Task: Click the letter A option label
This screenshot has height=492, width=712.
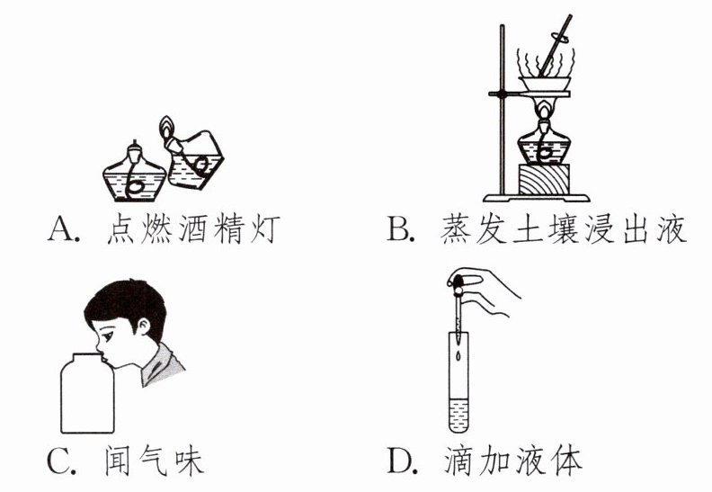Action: pyautogui.click(x=61, y=229)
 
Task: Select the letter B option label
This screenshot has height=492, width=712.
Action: pyautogui.click(x=398, y=229)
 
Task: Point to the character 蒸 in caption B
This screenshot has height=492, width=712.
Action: pyautogui.click(x=455, y=228)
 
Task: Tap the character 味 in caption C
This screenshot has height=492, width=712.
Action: pyautogui.click(x=189, y=461)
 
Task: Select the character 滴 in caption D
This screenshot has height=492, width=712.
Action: pyautogui.click(x=459, y=461)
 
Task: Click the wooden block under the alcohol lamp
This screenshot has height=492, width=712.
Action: pyautogui.click(x=543, y=180)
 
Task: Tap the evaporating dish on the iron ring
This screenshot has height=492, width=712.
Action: pyautogui.click(x=545, y=84)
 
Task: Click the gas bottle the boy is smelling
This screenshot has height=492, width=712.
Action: pyautogui.click(x=87, y=393)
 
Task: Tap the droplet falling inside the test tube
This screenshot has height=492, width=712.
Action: pyautogui.click(x=459, y=355)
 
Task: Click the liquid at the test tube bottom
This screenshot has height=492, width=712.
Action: pyautogui.click(x=458, y=416)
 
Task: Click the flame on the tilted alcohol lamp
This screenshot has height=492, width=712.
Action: pyautogui.click(x=166, y=126)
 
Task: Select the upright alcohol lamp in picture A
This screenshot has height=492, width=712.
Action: pyautogui.click(x=135, y=171)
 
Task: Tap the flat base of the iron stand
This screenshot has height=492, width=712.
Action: pyautogui.click(x=537, y=198)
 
